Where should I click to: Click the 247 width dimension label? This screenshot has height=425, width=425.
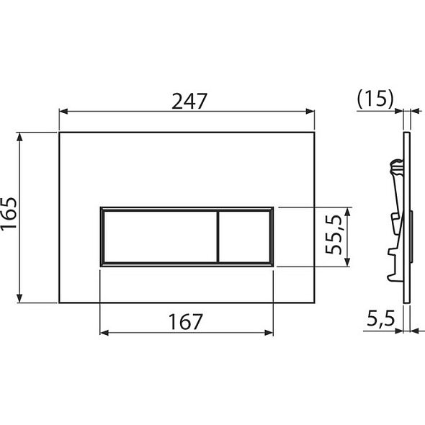[x=189, y=101]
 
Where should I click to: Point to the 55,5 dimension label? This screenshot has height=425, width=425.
[x=334, y=236]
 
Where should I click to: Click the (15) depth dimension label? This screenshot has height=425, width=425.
[x=375, y=99]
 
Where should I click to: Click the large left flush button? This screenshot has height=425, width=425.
[x=158, y=237]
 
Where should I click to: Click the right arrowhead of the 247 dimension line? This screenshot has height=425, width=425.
[x=311, y=112]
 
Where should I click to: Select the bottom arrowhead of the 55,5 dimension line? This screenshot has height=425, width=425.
[x=349, y=262]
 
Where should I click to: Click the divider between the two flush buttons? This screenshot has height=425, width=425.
[x=217, y=237]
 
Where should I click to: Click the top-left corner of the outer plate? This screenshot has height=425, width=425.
[x=60, y=133]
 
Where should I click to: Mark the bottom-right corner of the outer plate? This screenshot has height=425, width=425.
[x=315, y=302]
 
